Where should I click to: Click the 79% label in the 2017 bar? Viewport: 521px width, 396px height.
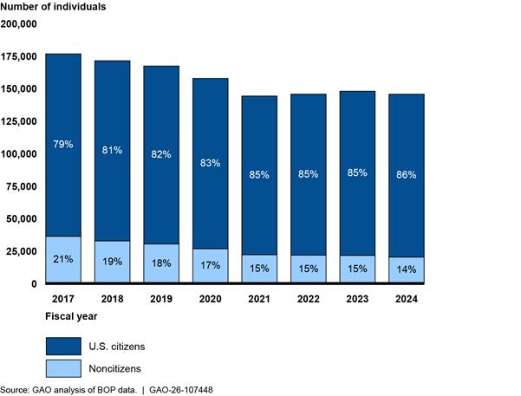tap(63, 144)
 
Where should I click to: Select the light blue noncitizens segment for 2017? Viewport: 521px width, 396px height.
tap(63, 259)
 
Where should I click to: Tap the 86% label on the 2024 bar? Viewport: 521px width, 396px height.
tap(406, 175)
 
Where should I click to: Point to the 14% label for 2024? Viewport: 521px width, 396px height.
tap(406, 269)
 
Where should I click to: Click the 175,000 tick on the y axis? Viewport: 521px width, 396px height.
tap(19, 56)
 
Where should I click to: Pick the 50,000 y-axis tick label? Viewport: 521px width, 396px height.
tap(22, 218)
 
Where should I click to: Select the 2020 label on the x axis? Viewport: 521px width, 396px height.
tap(210, 299)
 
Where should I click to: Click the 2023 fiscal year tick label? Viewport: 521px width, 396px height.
tap(357, 299)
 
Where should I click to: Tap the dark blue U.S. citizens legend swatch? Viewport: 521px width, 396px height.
tap(63, 346)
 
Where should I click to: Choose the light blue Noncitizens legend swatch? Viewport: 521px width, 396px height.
tap(63, 368)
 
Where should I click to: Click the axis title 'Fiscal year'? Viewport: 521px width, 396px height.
tap(71, 316)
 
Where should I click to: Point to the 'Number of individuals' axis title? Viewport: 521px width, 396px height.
tap(53, 7)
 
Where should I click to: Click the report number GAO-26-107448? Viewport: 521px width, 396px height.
tap(181, 390)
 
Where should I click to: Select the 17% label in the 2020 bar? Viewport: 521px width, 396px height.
tap(210, 265)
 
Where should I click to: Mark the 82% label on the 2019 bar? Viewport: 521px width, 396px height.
tap(161, 154)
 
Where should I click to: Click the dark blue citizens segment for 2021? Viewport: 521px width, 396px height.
tap(259, 175)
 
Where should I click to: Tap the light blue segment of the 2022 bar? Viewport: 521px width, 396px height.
tap(309, 269)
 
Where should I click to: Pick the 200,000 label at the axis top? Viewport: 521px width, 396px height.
tap(19, 24)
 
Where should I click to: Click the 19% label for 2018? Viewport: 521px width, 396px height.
tap(112, 262)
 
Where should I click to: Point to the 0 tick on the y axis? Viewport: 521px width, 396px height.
tap(34, 283)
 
